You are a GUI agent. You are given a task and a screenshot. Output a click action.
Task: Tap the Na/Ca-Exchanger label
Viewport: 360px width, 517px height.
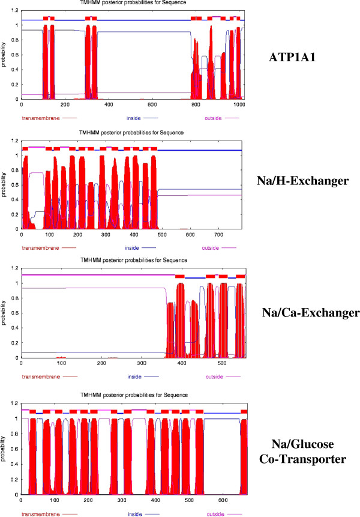coord(303,313)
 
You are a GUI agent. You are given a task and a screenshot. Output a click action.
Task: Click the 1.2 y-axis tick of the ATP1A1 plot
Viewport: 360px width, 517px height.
coord(14,10)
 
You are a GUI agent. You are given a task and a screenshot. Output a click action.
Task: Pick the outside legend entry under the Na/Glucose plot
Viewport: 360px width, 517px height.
coord(214,514)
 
